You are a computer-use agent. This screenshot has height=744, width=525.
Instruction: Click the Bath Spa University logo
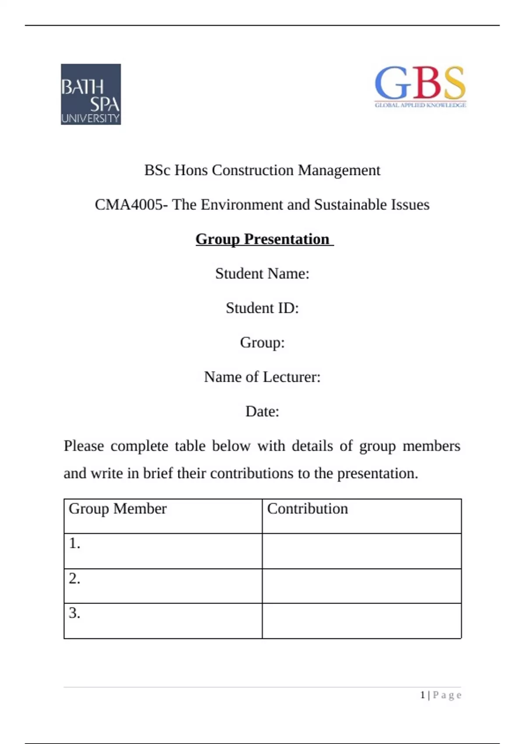point(91,94)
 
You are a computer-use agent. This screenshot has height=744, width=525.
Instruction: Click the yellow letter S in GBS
point(453,83)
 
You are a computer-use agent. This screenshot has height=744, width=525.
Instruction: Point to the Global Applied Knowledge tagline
point(420,105)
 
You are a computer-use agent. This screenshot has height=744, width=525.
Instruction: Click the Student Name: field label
point(262,274)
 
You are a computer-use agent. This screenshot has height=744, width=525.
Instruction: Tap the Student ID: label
point(262,308)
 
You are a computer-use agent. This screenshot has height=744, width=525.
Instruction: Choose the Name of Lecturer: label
point(262,377)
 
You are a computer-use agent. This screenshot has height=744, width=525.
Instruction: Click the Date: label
point(262,411)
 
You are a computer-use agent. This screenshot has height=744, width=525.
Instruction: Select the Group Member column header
point(118,509)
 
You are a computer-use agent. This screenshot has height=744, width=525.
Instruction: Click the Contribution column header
point(308,509)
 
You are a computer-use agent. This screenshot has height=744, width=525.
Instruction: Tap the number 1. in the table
point(74,543)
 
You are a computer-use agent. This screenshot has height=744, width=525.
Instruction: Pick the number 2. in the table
point(74,579)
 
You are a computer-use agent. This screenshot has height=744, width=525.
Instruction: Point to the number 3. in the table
point(74,613)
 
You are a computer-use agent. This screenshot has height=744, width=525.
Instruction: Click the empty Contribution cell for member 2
point(362,586)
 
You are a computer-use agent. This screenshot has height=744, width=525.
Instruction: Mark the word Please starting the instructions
point(84,446)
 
